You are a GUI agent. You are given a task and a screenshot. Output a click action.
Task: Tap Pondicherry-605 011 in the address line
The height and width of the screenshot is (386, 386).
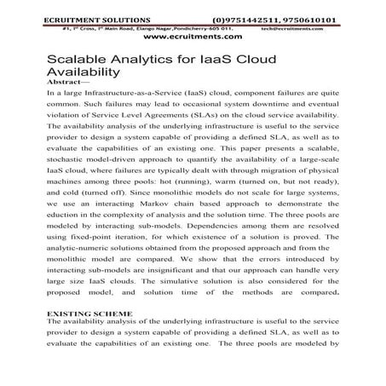pyautogui.click(x=193, y=26)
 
